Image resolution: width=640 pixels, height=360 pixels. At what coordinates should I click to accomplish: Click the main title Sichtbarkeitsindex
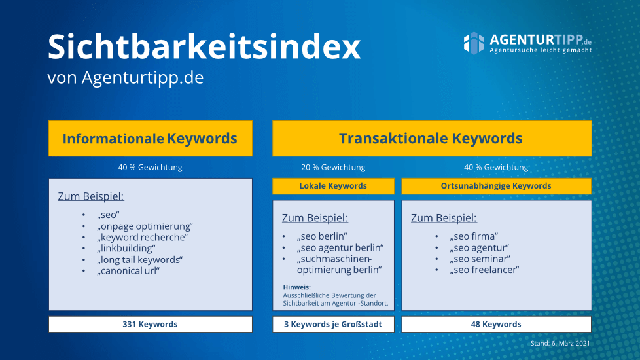click(x=204, y=47)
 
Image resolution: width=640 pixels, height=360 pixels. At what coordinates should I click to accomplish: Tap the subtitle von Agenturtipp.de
click(x=125, y=77)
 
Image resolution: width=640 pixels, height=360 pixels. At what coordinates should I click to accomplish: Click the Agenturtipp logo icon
click(x=474, y=43)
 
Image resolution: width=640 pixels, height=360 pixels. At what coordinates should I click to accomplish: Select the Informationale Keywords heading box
click(x=151, y=138)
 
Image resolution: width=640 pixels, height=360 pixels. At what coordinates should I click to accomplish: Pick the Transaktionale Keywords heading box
click(x=432, y=138)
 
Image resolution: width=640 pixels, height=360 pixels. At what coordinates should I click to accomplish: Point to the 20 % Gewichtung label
click(x=333, y=168)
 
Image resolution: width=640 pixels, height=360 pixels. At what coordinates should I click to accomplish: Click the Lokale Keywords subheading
click(x=333, y=186)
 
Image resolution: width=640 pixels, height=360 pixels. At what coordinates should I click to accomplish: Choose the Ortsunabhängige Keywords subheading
click(x=496, y=186)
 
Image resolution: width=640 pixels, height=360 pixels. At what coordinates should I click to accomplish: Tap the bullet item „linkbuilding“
click(x=126, y=248)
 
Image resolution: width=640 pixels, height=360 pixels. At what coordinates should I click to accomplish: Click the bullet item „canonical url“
click(x=128, y=270)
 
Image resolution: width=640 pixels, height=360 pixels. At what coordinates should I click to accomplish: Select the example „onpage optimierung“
click(x=145, y=226)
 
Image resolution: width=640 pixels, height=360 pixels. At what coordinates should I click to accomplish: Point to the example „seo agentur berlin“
click(x=340, y=247)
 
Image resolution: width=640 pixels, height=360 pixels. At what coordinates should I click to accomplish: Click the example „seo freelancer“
click(x=484, y=270)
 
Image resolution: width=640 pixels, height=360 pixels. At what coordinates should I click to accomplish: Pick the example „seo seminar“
click(x=480, y=259)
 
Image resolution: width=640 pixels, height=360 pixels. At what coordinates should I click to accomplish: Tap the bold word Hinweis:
click(x=296, y=287)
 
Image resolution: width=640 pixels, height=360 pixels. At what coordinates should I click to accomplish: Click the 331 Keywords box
click(x=151, y=324)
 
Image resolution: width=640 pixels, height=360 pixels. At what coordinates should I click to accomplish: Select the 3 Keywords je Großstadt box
click(x=333, y=324)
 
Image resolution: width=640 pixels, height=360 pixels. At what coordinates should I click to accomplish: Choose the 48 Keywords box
click(x=496, y=324)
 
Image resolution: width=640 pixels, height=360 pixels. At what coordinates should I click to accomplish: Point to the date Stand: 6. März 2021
click(x=560, y=343)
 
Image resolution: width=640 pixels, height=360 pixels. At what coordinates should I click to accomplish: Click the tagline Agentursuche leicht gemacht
click(x=541, y=50)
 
